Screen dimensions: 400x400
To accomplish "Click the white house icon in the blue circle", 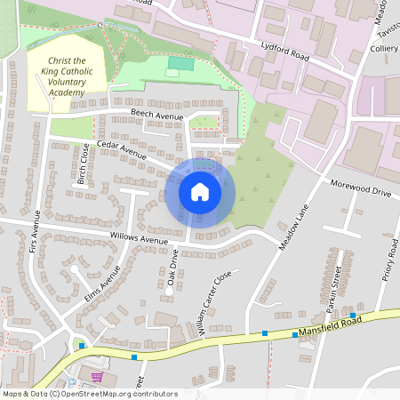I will [200, 191].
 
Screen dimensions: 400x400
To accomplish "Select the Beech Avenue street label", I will [157, 116].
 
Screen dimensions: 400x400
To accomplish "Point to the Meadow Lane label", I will [292, 228].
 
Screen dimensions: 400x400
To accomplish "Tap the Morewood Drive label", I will [360, 191].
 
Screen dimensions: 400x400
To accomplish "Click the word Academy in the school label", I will [67, 90].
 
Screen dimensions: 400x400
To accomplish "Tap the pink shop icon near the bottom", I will [97, 377].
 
